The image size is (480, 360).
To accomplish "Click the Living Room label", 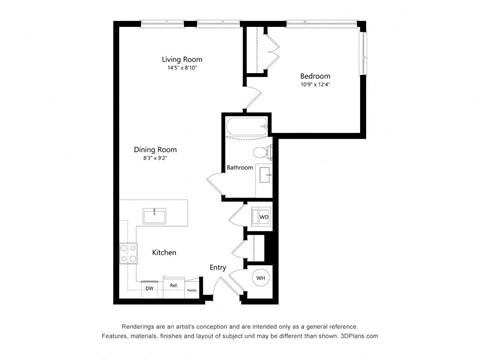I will (x=183, y=59).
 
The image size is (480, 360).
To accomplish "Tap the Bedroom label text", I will (x=315, y=76).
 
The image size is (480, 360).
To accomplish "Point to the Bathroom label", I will (x=239, y=167).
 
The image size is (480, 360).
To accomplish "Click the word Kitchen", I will (x=164, y=253).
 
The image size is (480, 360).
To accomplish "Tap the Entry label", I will (x=217, y=267).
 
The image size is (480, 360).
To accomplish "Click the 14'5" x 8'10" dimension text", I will (x=183, y=68).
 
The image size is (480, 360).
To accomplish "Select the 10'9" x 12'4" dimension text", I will (x=315, y=85).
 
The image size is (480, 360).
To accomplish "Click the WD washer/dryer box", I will (x=264, y=216).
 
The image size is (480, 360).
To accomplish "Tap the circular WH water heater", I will (x=261, y=278).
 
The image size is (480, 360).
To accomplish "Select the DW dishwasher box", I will (x=149, y=288).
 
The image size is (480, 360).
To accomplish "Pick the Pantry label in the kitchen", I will (x=191, y=290).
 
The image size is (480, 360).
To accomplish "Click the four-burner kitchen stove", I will (x=128, y=253).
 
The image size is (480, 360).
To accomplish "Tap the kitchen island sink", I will (x=155, y=214).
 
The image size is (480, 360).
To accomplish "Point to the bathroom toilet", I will (x=259, y=153).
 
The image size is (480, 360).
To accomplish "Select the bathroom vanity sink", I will (x=265, y=175).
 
